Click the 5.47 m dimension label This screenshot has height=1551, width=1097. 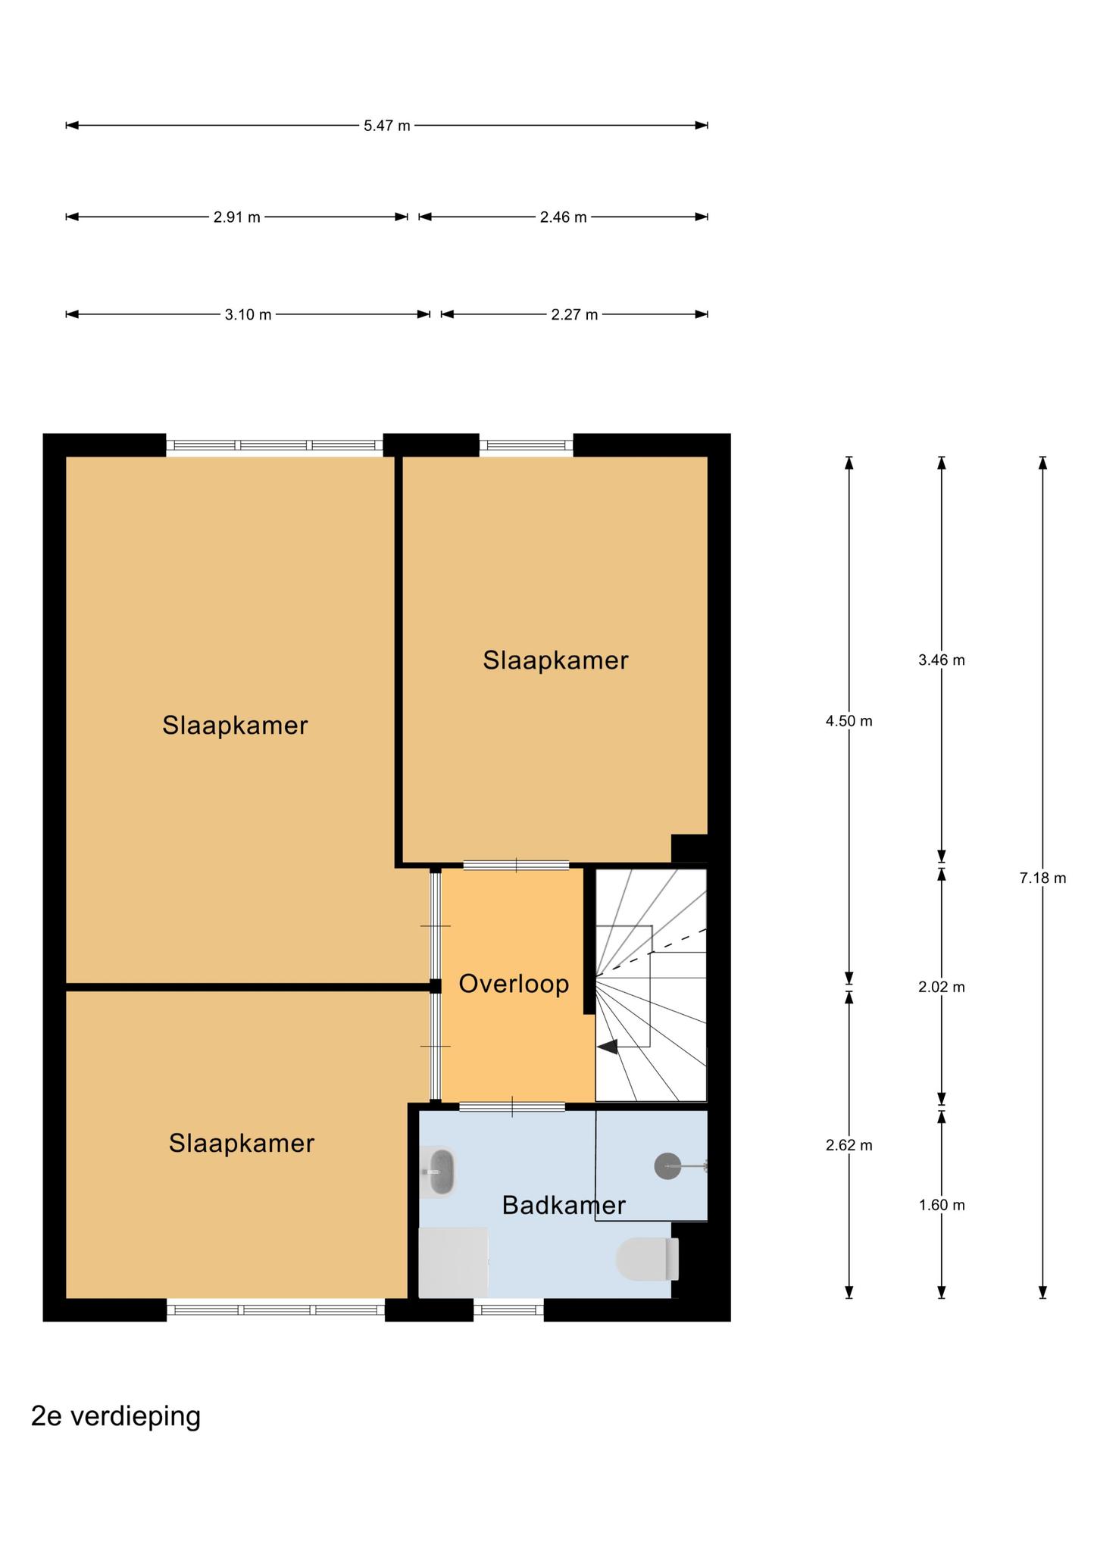coord(386,126)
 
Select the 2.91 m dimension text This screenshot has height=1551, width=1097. coord(236,217)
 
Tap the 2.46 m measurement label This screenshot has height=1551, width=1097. coord(563,217)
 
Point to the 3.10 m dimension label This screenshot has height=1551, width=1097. coord(248,314)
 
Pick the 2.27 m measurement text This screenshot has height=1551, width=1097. coord(574,314)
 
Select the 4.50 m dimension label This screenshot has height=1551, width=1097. coord(849,721)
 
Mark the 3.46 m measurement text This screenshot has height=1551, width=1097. coord(942,660)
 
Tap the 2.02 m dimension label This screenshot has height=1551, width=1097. coord(942,987)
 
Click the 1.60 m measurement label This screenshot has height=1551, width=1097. coord(942,1205)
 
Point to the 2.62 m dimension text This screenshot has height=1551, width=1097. coord(849,1145)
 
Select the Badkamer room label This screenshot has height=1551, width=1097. coord(564,1205)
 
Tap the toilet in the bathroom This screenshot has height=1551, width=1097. coord(647,1259)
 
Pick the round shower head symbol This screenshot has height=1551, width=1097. coord(667,1166)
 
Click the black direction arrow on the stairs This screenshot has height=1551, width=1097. coord(608,1047)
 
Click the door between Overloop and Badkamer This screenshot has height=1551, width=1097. coord(512,1106)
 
